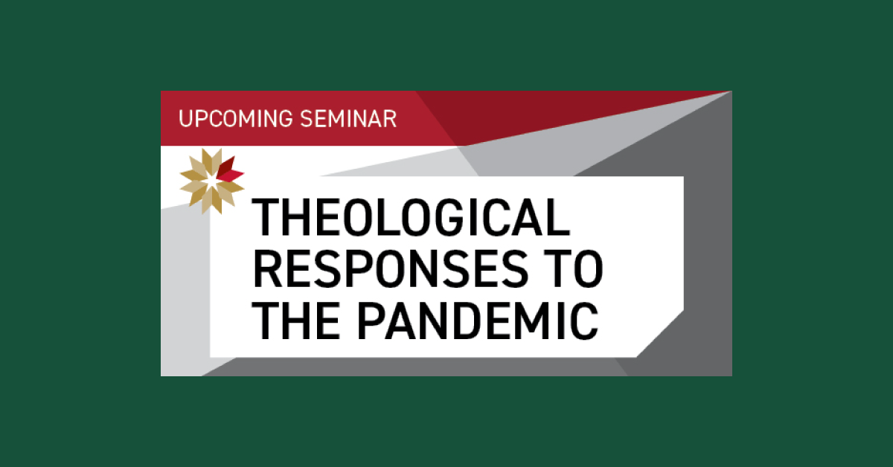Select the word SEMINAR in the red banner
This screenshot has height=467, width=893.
coord(348,119)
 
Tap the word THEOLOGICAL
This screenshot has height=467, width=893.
coord(411,218)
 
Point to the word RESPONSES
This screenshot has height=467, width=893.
coord(391,268)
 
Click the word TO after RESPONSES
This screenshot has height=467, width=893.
coord(573,268)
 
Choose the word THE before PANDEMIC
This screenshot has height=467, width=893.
coord(296,320)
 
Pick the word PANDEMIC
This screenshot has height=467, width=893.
coord(478,320)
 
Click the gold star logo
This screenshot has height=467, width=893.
coord(211,181)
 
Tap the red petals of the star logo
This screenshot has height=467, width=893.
coord(230,170)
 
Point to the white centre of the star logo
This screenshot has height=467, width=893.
coord(211,181)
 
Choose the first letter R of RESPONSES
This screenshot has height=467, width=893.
coord(267,268)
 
